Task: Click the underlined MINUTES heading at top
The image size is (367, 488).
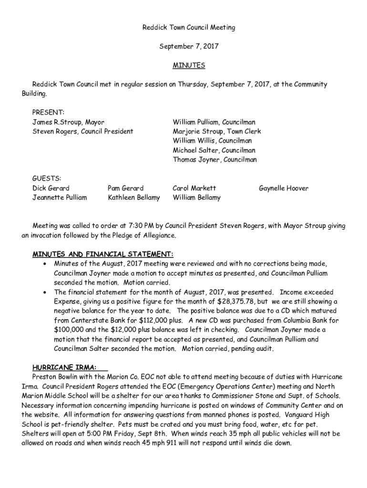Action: (189, 65)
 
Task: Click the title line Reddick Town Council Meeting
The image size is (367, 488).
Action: (189, 28)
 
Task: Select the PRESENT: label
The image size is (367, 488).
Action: (48, 112)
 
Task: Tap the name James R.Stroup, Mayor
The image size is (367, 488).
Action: (68, 122)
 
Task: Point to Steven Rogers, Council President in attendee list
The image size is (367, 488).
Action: (82, 131)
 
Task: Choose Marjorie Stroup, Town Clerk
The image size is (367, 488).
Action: (217, 131)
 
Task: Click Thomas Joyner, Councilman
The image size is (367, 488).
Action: (214, 160)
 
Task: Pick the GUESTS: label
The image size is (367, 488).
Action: (46, 179)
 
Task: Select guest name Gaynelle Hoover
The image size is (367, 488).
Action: (284, 188)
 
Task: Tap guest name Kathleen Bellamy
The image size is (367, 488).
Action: (134, 197)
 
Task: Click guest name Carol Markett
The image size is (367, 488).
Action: (194, 188)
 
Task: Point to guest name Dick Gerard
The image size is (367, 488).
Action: (51, 188)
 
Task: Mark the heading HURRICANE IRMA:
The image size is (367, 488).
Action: (64, 367)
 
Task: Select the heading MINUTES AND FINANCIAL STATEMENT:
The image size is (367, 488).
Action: (102, 254)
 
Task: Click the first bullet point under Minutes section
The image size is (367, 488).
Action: (44, 264)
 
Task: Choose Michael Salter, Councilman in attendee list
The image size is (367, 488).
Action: (214, 150)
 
